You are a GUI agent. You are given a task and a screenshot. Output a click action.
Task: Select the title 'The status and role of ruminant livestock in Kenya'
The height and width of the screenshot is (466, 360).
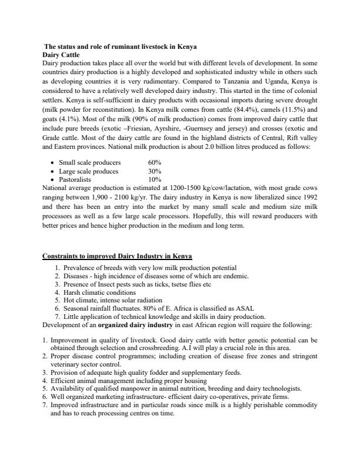pos(121,46)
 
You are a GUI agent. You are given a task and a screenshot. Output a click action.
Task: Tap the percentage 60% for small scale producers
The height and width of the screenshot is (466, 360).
pos(155,162)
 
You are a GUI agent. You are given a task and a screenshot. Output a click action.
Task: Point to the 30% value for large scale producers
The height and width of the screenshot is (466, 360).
pos(155,171)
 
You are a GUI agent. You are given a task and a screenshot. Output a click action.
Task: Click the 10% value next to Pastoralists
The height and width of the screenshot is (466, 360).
pos(155,179)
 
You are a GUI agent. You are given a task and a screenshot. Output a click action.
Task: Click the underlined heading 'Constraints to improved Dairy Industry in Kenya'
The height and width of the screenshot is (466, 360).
pos(117,257)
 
